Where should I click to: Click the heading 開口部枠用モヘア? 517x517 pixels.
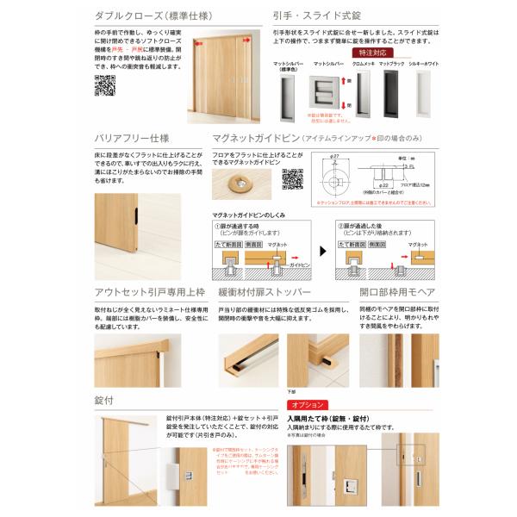click(390, 292)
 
